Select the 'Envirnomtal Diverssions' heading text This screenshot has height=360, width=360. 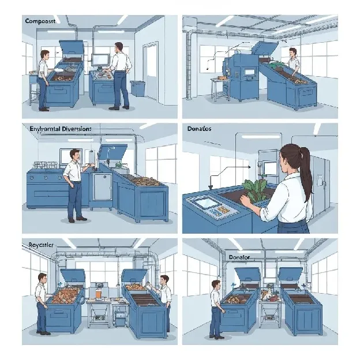(60, 129)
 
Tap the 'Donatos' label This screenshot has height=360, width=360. (200, 129)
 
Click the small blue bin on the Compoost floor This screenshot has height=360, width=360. (137, 88)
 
